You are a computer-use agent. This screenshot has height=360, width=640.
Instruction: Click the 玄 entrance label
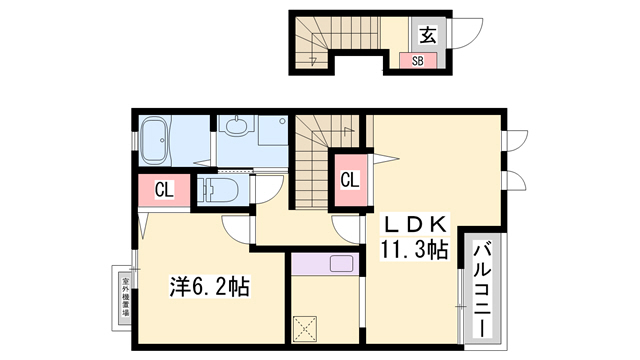pos(426,35)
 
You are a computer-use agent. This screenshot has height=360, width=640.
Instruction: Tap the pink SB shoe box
pos(418,60)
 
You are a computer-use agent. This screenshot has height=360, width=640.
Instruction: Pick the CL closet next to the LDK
pos(348,181)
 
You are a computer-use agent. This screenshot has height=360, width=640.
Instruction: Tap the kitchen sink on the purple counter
pos(339,266)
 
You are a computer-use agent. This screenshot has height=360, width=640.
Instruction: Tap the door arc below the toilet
pos(237,229)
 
